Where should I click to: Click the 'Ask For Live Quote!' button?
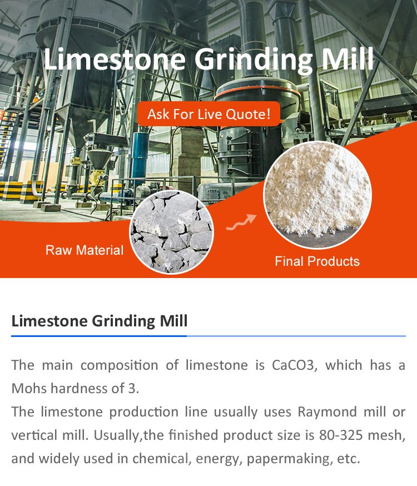[x=209, y=114]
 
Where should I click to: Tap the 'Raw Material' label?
[x=85, y=250]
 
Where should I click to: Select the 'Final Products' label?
[x=317, y=261]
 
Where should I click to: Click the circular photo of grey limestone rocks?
[x=171, y=231]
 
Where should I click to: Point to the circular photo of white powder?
[x=317, y=195]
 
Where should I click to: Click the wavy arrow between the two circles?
[x=241, y=222]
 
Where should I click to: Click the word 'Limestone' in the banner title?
[x=115, y=58]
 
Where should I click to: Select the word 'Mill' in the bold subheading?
[x=174, y=320]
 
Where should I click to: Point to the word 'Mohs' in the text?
[x=29, y=388]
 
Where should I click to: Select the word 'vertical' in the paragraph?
[x=33, y=435]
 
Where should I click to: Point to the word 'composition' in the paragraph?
[x=120, y=366]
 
